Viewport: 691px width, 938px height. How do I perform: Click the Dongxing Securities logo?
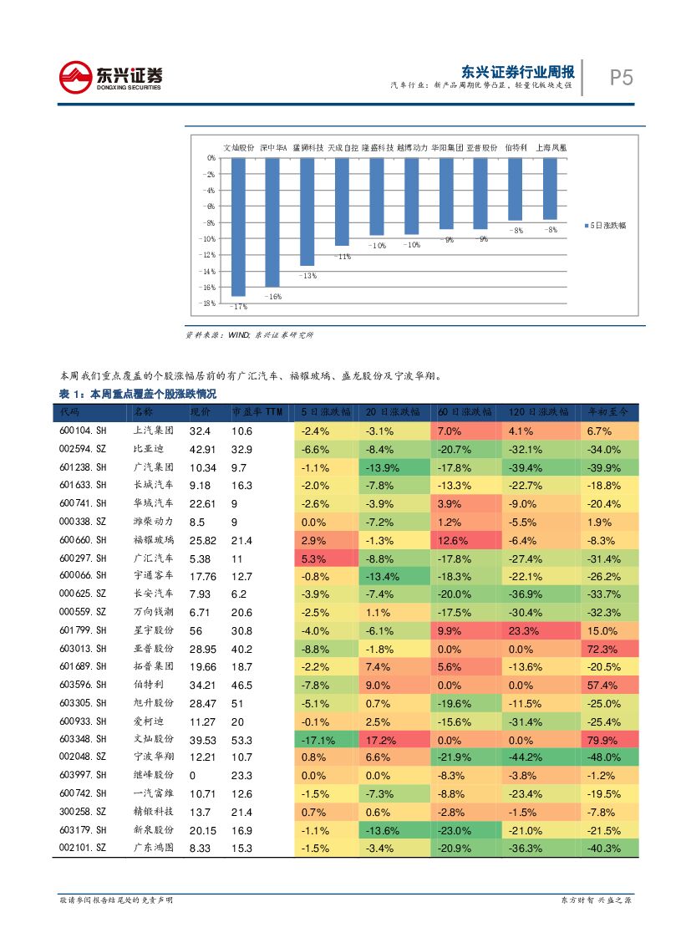[110, 77]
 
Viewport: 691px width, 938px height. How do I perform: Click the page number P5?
[621, 78]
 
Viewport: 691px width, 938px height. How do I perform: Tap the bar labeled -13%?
[307, 212]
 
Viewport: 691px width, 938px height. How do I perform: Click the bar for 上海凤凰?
[550, 189]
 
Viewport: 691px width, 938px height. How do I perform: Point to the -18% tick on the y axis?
[210, 303]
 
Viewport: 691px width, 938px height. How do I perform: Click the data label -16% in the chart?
[273, 297]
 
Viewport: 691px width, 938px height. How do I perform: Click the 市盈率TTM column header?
[257, 412]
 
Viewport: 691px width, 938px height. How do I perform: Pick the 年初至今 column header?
[609, 412]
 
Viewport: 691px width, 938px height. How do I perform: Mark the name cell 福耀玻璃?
[153, 541]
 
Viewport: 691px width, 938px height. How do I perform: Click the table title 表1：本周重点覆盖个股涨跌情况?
[138, 394]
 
